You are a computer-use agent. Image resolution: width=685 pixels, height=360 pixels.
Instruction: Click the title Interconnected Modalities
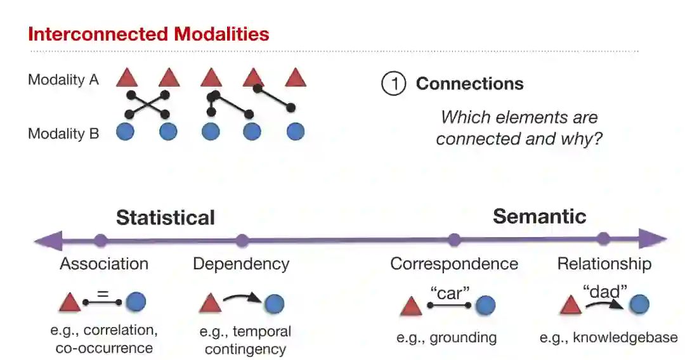[x=148, y=34]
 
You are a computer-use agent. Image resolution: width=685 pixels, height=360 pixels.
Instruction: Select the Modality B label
[x=63, y=134]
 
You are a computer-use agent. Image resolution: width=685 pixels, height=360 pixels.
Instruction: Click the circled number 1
[x=393, y=84]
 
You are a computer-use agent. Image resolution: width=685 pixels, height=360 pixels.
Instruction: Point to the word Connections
[x=469, y=84]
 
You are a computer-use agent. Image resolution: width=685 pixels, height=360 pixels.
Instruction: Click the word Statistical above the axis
[x=165, y=217]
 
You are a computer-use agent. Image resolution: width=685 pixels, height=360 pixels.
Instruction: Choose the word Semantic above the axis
[x=539, y=216]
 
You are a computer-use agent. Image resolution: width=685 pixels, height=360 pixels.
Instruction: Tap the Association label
[x=104, y=264]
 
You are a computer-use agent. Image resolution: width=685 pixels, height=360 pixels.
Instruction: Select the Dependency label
[x=241, y=264]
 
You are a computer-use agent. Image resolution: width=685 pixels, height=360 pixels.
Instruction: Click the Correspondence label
[x=453, y=264]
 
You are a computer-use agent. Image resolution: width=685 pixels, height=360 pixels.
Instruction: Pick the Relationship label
[x=604, y=264]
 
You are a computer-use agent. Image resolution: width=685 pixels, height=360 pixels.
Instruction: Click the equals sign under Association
[x=103, y=293]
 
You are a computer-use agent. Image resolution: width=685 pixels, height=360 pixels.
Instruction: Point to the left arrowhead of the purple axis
[x=44, y=241]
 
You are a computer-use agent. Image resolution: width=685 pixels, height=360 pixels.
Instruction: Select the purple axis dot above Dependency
[x=242, y=241]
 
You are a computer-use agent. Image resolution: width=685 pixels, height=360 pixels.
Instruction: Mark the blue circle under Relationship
[x=639, y=305]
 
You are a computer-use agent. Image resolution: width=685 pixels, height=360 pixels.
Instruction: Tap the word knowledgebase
[x=625, y=338]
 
